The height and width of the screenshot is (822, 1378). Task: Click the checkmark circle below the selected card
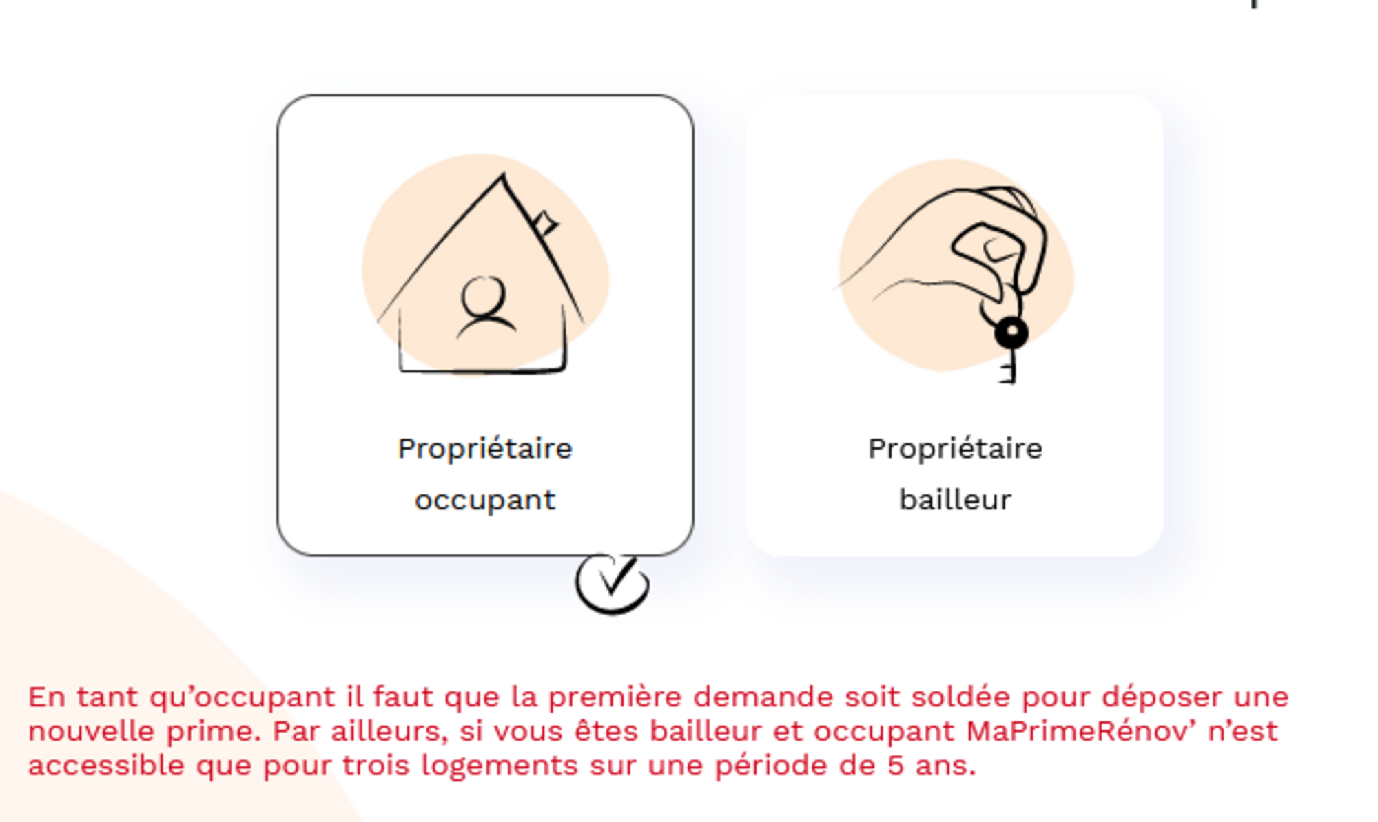click(x=613, y=584)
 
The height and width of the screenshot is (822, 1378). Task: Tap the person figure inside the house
click(x=486, y=307)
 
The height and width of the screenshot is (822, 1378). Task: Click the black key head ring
click(x=1011, y=333)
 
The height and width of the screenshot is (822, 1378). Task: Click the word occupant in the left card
click(x=485, y=500)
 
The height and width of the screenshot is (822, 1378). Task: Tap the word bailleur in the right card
click(x=955, y=500)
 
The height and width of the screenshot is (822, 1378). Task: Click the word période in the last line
click(x=772, y=766)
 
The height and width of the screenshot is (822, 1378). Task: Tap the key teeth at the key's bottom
click(x=1008, y=370)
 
